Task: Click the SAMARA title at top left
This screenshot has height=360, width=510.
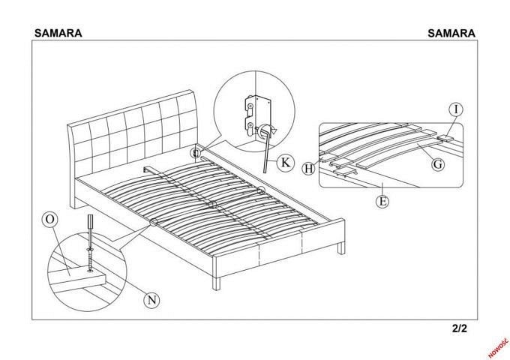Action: click(x=58, y=33)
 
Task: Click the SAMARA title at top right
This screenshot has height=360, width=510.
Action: click(x=451, y=33)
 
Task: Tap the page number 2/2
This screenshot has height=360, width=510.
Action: click(x=459, y=328)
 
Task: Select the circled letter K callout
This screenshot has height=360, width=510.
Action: click(x=285, y=162)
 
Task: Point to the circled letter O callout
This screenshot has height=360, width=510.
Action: click(x=50, y=220)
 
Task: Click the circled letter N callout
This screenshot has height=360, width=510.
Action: click(x=152, y=300)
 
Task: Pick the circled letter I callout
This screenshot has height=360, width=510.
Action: click(x=456, y=109)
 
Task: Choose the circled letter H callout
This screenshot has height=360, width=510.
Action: click(x=308, y=169)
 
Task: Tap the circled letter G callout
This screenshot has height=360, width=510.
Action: click(x=438, y=164)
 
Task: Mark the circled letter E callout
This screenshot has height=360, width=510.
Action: click(x=382, y=201)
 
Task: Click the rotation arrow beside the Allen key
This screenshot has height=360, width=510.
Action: click(x=267, y=130)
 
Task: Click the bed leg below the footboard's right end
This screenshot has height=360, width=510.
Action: click(x=341, y=248)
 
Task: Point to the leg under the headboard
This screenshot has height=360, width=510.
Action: click(x=74, y=202)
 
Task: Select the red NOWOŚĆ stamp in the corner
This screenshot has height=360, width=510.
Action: click(x=498, y=348)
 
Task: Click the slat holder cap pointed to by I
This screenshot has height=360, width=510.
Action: click(x=445, y=139)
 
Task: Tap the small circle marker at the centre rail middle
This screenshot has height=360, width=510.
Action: click(x=212, y=204)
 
